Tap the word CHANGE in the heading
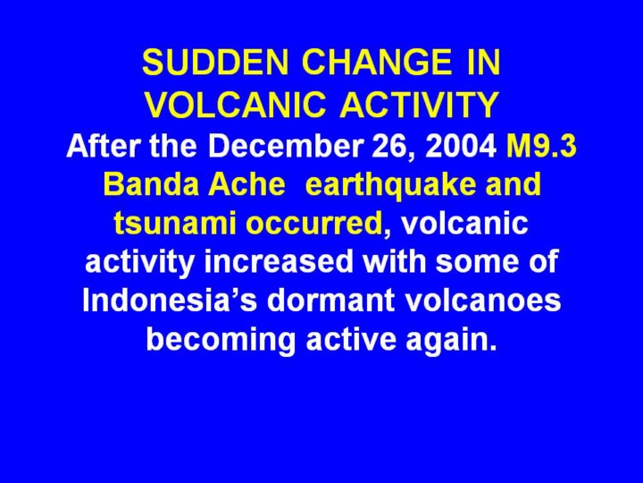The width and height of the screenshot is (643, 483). pyautogui.click(x=376, y=63)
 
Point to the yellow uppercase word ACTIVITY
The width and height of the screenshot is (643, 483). pyautogui.click(x=419, y=105)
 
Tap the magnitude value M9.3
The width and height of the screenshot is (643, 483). pyautogui.click(x=542, y=146)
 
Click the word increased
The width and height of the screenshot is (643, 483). pyautogui.click(x=279, y=261)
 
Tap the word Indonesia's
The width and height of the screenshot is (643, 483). pyautogui.click(x=170, y=301)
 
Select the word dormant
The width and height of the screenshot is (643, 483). pyautogui.click(x=331, y=301)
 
